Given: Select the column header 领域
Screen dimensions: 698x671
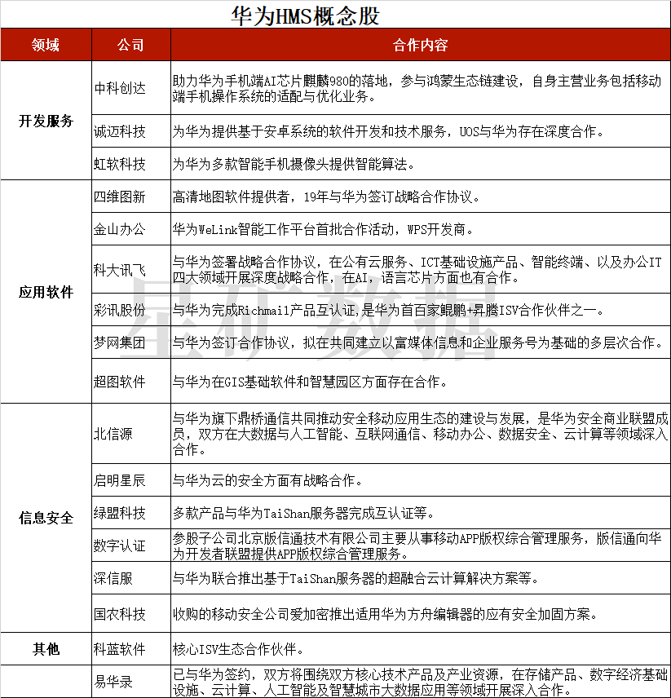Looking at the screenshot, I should click(46, 45).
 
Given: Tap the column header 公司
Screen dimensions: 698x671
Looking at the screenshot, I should click(130, 45).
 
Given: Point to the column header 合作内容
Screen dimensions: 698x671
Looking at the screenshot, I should click(420, 45).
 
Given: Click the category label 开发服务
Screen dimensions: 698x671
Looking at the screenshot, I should click(46, 121).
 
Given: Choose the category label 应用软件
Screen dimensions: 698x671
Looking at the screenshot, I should click(46, 292).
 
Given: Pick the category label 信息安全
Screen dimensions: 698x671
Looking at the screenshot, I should click(46, 517).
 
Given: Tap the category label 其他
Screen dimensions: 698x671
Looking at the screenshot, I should click(46, 649).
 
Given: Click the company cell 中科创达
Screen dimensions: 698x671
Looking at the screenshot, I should click(120, 88).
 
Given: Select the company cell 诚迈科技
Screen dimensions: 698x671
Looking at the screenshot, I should click(120, 131).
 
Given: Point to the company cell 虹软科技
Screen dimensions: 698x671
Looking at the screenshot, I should click(120, 164).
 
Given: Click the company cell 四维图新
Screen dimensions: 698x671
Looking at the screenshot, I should click(120, 197).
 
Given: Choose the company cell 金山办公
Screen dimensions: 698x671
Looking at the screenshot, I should click(120, 229).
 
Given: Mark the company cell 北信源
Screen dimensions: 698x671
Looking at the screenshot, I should click(113, 434).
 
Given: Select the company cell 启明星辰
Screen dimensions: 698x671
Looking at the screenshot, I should click(120, 480).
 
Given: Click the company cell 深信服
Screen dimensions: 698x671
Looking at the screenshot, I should click(113, 579).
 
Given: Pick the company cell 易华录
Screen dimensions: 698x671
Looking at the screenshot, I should click(113, 682).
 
